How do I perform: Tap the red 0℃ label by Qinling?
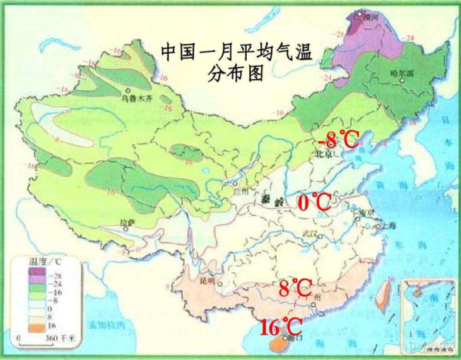pyautogui.click(x=314, y=203)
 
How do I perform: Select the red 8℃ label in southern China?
pyautogui.click(x=295, y=288)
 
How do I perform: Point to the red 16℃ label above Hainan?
pyautogui.click(x=280, y=327)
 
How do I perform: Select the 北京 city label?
pyautogui.click(x=321, y=154)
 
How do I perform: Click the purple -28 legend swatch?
pyautogui.click(x=17, y=274)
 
